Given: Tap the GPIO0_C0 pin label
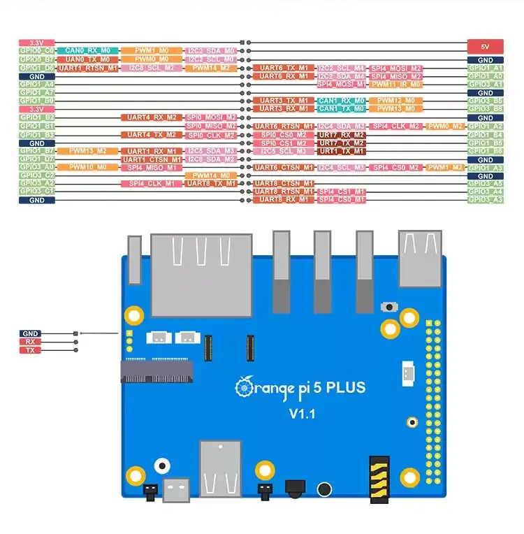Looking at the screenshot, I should click(x=37, y=51).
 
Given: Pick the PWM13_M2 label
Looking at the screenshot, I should click(x=87, y=151).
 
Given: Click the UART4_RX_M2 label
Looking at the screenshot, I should click(x=152, y=117).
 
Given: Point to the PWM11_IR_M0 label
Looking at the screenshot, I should click(x=396, y=84).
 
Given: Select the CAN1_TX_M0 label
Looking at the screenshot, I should click(x=341, y=109).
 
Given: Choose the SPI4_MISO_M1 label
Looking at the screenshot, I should click(x=152, y=168).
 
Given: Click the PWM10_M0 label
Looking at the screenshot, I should click(x=87, y=168).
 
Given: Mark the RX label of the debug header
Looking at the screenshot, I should click(x=30, y=342).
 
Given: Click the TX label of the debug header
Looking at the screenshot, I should click(x=30, y=350).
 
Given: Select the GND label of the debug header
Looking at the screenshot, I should click(x=30, y=334).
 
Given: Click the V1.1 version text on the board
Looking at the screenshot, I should click(x=303, y=414).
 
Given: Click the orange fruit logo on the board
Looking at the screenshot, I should click(x=244, y=387).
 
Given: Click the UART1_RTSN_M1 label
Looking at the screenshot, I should click(x=87, y=68).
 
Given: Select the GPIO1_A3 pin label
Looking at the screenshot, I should click(x=485, y=168).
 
